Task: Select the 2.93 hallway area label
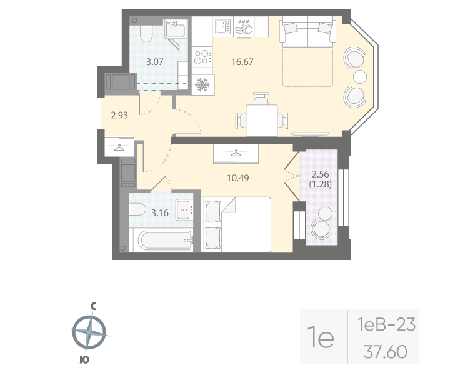coord(120,115)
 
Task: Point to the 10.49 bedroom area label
coord(236,177)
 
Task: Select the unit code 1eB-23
coord(385,324)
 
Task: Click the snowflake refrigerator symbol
coord(202,84)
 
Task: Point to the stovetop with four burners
coord(202,57)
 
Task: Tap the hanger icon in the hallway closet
coord(119,147)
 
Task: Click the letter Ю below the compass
coord(83,359)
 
